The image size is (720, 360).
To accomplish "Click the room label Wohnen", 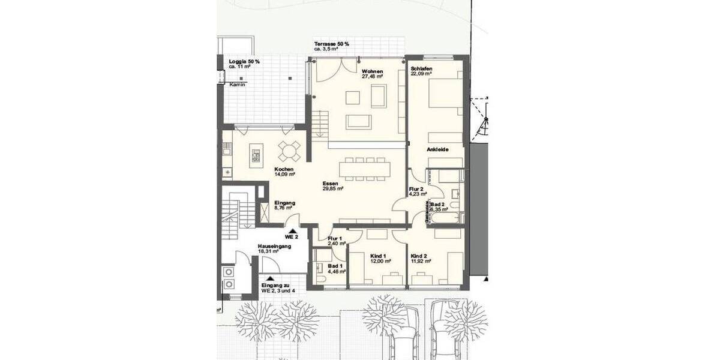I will (x=372, y=71).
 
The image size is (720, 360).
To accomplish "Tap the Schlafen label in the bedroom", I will (x=422, y=68).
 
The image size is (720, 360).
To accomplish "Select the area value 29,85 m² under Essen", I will (x=332, y=188).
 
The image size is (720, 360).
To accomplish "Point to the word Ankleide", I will (x=437, y=149).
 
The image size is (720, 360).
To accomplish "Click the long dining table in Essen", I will (x=364, y=168).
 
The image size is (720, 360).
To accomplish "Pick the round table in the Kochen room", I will (x=289, y=150).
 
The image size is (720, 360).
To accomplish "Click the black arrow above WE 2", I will (x=292, y=229).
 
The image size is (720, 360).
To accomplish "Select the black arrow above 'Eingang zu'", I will (x=269, y=278).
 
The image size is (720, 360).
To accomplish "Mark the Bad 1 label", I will (x=335, y=265).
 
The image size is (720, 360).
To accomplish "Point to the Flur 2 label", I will (x=417, y=188).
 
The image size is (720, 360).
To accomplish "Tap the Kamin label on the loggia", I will (x=237, y=85).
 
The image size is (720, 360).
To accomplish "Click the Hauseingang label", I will (x=275, y=246).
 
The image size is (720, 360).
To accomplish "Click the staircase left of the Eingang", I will (x=231, y=213).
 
